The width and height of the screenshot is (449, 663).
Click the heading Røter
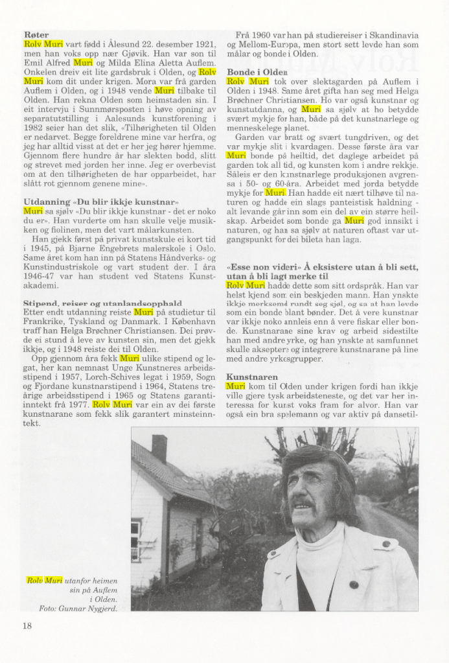point(36,34)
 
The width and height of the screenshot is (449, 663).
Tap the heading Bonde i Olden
point(257,72)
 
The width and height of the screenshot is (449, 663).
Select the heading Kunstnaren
point(252,377)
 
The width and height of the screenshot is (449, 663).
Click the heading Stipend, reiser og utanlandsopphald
point(102,303)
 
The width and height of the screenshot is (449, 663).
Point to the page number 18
point(27,625)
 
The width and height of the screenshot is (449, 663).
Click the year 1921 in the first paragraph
point(203,43)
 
